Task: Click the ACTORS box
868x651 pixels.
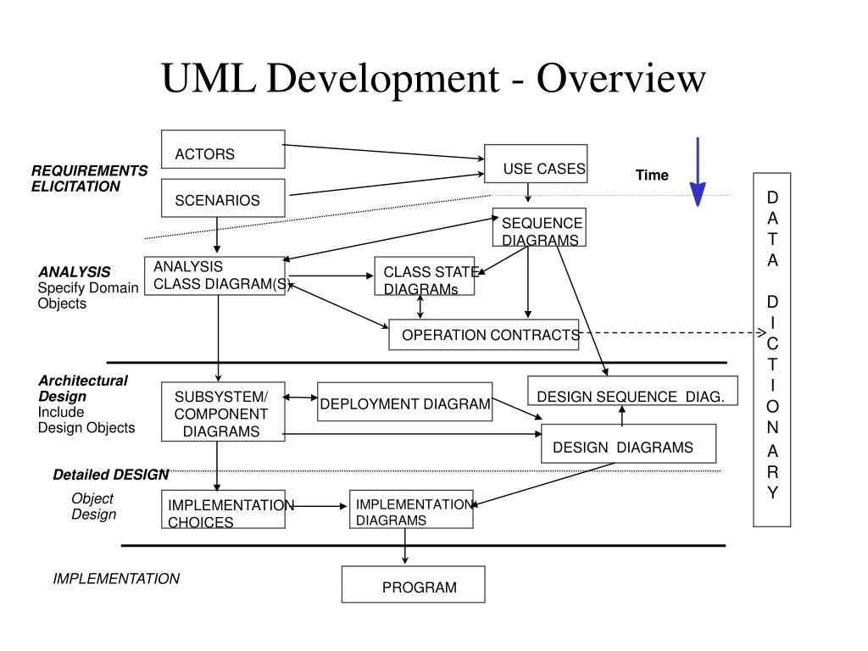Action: click(223, 149)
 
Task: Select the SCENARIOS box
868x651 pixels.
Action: click(223, 198)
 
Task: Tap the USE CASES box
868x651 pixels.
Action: click(536, 164)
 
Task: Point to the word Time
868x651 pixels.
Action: click(652, 175)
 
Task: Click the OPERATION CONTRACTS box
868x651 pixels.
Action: click(484, 334)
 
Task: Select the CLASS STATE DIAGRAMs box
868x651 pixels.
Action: click(424, 276)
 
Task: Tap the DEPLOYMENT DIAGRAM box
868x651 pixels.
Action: click(405, 402)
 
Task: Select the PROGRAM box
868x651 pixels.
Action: click(413, 584)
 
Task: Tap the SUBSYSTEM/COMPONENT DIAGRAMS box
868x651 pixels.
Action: click(223, 412)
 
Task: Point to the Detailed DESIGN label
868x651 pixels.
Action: click(110, 475)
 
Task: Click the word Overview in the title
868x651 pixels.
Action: click(620, 79)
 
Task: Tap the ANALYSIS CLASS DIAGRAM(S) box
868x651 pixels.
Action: click(214, 275)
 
